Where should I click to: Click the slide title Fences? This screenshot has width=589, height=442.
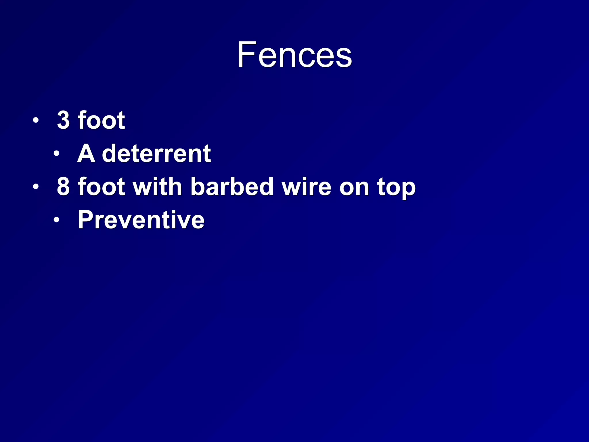point(294,55)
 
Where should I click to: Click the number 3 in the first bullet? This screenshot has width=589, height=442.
point(63,120)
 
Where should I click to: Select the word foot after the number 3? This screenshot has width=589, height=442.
point(101,120)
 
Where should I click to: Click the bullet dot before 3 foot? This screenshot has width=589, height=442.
point(35,120)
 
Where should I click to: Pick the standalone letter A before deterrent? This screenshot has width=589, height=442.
point(86,153)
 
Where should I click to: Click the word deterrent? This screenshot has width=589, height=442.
point(156,153)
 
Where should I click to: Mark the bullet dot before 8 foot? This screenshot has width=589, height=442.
point(35,187)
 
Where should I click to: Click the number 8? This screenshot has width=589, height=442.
point(63,187)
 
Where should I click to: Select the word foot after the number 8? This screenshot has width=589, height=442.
point(101,187)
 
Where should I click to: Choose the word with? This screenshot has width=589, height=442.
point(157,187)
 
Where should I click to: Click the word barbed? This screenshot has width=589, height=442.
point(232,187)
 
